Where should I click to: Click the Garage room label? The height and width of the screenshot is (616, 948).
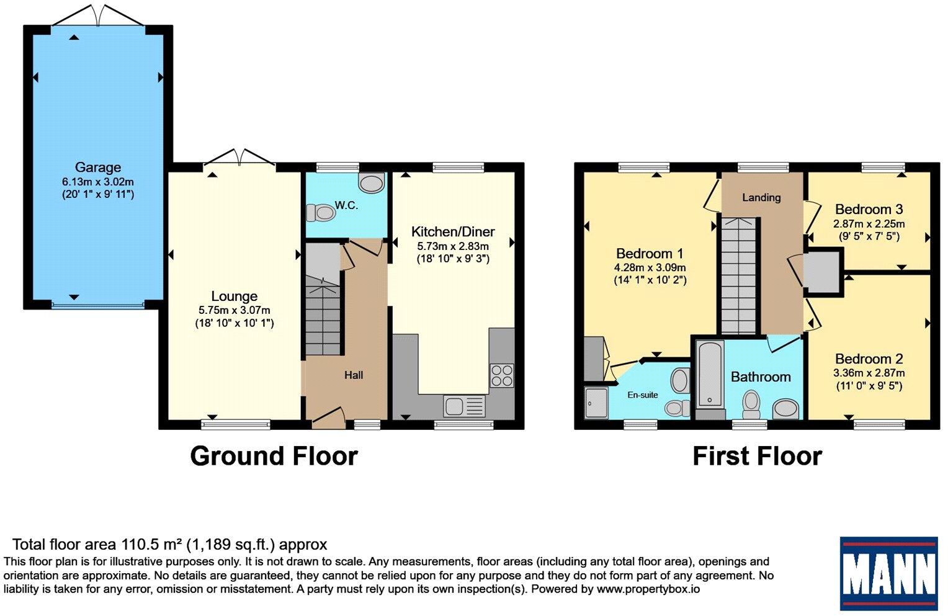point(98,167)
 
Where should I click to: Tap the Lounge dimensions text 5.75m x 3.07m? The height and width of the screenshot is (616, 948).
point(234,310)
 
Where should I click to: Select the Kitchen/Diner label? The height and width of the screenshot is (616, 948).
point(453,232)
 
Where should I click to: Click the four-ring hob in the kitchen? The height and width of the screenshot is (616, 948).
point(502,375)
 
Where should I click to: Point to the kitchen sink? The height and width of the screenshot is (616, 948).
point(464,406)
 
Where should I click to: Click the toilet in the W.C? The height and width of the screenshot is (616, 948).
point(320,212)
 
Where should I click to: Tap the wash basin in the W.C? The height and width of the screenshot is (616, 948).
point(371,183)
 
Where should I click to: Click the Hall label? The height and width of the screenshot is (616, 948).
point(354,375)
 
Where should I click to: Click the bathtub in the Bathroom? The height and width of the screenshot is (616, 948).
point(710,375)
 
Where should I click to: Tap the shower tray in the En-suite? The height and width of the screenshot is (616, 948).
point(596,403)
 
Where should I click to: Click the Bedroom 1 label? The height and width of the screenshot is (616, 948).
point(650,254)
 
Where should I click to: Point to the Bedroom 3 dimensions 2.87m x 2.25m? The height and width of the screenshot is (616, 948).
point(869,224)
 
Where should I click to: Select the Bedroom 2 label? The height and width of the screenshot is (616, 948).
point(869,359)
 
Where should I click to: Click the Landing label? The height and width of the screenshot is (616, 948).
point(761,197)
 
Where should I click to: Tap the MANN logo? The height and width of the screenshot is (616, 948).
point(888,573)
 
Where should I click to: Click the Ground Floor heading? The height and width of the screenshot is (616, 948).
point(274,457)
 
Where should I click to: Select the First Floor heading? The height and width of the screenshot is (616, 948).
point(757,457)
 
